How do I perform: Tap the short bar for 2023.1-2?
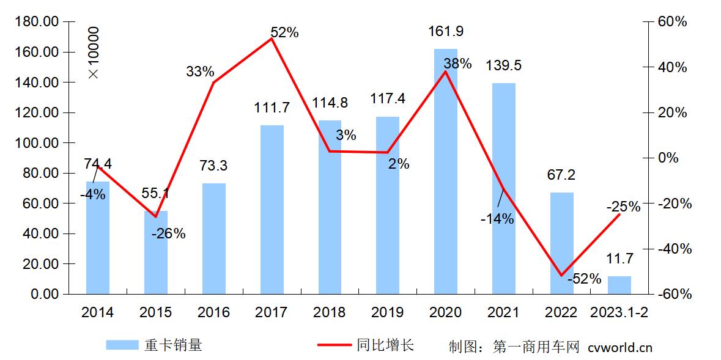click(619, 285)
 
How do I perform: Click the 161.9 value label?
click(445, 30)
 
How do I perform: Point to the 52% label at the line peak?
click(284, 33)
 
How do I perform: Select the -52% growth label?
click(585, 279)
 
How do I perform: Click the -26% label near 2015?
click(168, 233)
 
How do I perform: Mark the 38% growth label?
click(457, 64)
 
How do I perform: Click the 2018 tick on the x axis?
click(329, 312)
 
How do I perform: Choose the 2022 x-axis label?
click(561, 312)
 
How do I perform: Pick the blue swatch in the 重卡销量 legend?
click(122, 345)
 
